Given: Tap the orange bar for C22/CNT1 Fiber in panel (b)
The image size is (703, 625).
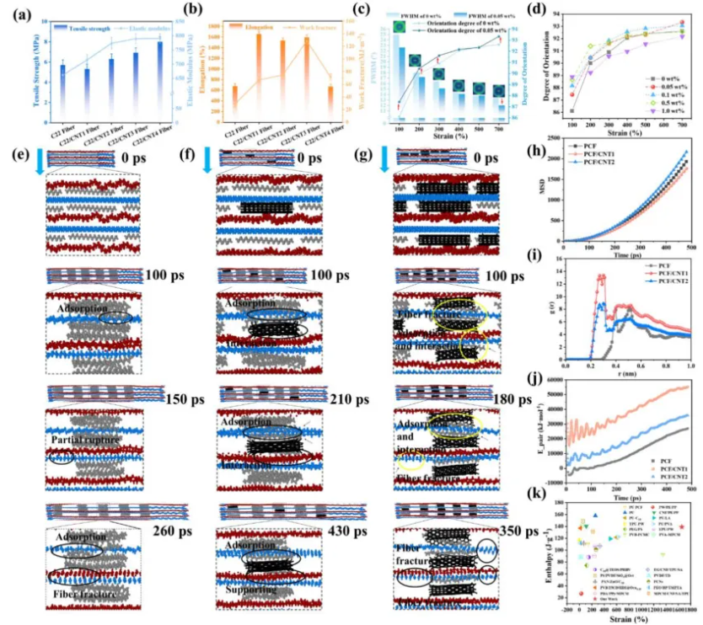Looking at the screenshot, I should [x=258, y=76].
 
